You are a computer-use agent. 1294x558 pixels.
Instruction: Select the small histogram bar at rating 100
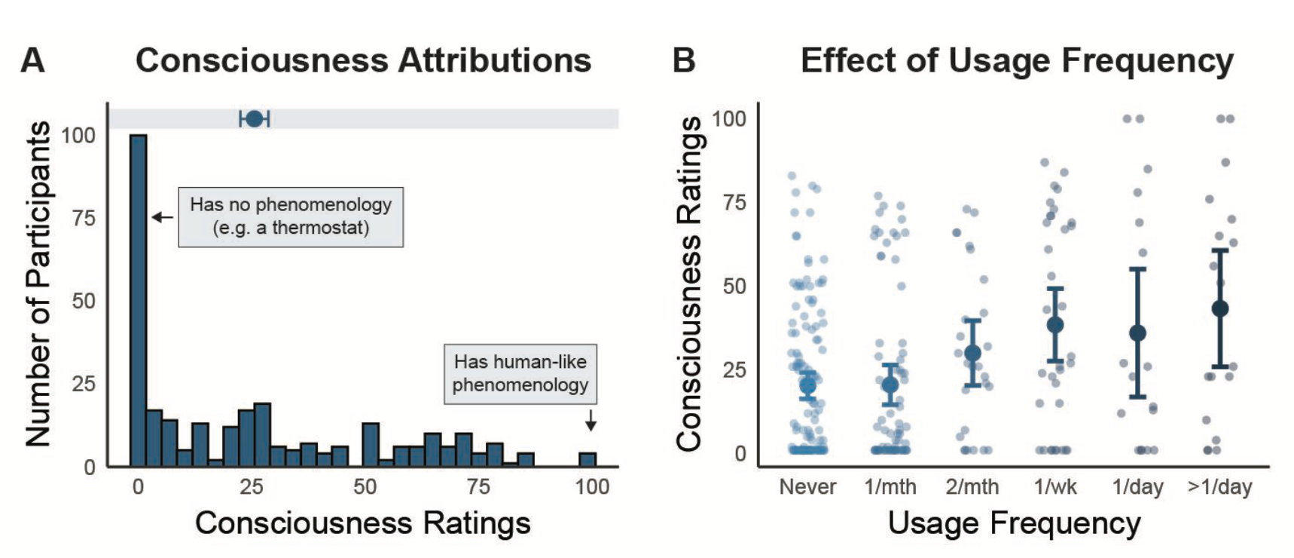click(x=587, y=459)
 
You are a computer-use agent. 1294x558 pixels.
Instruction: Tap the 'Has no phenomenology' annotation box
click(x=291, y=216)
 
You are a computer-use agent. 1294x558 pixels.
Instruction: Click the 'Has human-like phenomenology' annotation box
click(x=520, y=374)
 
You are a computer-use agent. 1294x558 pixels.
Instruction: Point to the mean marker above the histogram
click(x=255, y=118)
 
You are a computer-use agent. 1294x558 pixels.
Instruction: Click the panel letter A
click(x=32, y=60)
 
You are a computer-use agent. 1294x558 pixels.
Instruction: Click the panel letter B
click(x=683, y=60)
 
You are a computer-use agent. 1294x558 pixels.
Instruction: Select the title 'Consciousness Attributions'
click(x=363, y=60)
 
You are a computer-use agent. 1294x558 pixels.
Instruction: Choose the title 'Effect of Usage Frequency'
click(x=1017, y=60)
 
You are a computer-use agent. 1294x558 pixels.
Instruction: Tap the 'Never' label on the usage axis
click(x=807, y=487)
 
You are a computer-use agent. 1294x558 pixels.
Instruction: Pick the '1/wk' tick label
click(x=1055, y=487)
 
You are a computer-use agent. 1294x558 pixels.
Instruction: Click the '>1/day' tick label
click(x=1219, y=487)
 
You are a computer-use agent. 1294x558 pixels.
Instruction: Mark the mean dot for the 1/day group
click(x=1138, y=333)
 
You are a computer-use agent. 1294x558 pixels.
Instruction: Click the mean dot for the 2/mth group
click(x=972, y=353)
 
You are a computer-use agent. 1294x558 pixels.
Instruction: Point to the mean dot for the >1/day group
click(x=1220, y=308)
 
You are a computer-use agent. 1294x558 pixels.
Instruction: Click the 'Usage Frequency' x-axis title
click(x=1014, y=523)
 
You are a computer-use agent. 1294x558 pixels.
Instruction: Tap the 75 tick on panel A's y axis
click(x=84, y=218)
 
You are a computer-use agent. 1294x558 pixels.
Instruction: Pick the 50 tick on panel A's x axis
click(x=365, y=487)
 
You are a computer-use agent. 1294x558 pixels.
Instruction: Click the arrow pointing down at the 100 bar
click(x=591, y=420)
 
